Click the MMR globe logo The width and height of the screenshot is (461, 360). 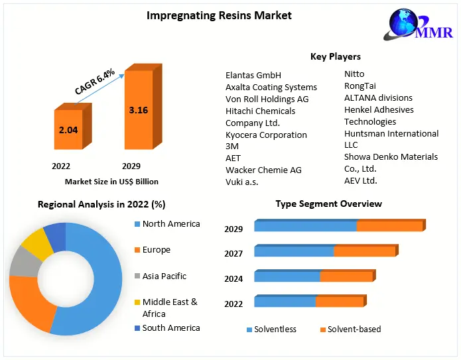pos(409,25)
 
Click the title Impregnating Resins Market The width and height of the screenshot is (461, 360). pos(219,15)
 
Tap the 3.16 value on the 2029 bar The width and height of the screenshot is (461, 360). pos(138,110)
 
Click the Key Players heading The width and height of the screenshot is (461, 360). pos(336,56)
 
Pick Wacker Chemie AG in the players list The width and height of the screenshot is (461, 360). pos(263,170)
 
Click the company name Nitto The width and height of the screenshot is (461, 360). pos(354,74)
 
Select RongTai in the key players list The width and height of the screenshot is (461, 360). pos(361,86)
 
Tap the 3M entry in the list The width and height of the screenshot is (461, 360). pos(231,146)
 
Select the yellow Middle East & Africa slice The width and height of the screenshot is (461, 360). pos(37,243)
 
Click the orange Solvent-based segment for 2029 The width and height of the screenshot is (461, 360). pos(389,226)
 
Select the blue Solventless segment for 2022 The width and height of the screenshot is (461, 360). pos(285,302)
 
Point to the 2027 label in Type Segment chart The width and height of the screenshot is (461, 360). pos(233,253)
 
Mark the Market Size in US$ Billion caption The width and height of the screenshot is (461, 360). pos(111,181)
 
